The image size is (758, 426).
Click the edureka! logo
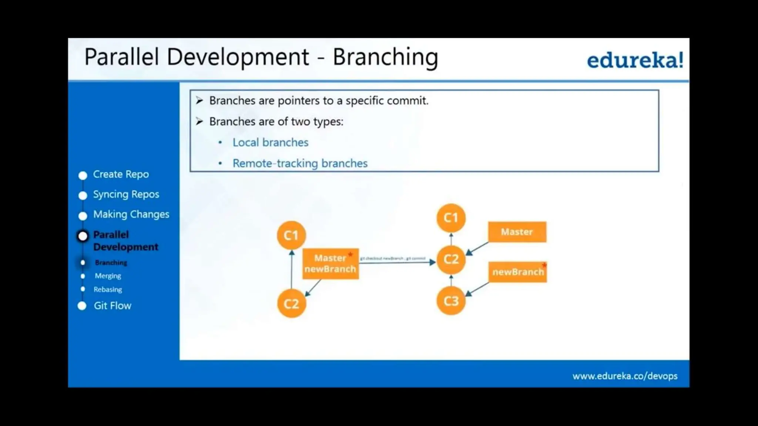tap(635, 60)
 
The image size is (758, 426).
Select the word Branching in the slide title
tap(385, 57)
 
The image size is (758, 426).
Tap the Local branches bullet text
tap(270, 143)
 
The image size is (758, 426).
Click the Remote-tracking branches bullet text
tap(300, 163)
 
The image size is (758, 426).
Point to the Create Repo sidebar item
tap(121, 174)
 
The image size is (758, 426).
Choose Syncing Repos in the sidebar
tap(126, 195)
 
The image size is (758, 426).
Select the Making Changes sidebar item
tap(131, 214)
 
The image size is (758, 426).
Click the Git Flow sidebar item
tap(112, 306)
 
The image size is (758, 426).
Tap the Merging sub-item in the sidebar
tap(108, 276)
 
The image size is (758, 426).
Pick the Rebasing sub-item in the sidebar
tap(108, 290)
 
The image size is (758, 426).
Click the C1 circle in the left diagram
tap(291, 235)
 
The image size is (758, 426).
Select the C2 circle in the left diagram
tap(291, 304)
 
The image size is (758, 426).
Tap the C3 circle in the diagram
tap(451, 301)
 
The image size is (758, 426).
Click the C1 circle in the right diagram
tap(451, 218)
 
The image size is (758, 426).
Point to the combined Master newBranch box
tap(330, 264)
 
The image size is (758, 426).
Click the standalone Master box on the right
tap(517, 232)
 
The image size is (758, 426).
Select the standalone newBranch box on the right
tap(517, 272)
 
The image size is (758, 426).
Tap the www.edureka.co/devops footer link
tap(625, 376)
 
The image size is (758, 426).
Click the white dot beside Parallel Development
tap(83, 236)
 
